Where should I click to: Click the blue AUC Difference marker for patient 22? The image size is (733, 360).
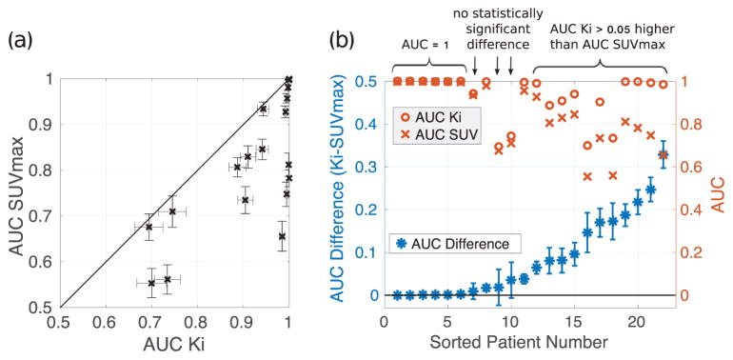coord(664,154)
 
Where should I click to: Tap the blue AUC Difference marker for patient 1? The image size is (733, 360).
coord(396,295)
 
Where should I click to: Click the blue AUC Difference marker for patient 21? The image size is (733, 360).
coord(651,190)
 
